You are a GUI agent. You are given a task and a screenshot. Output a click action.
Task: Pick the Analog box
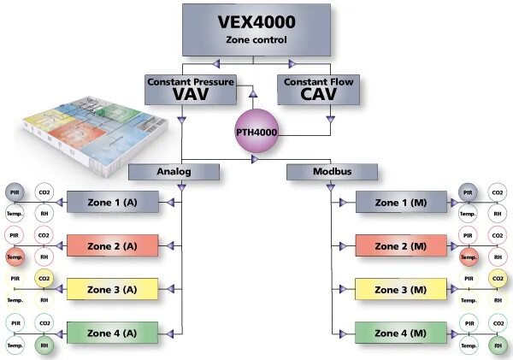(x=174, y=171)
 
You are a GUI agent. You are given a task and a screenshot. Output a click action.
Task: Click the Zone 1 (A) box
(x=112, y=203)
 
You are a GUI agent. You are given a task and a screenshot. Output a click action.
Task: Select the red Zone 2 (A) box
(x=112, y=245)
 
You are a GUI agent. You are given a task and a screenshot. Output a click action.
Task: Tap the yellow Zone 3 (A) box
(x=112, y=289)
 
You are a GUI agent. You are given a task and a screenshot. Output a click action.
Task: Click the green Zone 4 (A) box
(x=112, y=332)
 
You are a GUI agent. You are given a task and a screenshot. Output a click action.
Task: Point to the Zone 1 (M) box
(x=400, y=203)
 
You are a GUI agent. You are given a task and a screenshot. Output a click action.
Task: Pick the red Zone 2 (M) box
(x=400, y=245)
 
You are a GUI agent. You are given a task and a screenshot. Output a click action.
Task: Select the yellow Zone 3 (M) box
(x=400, y=289)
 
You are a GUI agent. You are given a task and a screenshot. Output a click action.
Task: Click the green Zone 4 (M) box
(x=400, y=332)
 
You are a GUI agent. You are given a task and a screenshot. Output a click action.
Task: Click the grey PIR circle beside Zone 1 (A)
(x=15, y=192)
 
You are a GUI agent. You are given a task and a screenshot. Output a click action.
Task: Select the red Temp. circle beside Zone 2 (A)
(x=15, y=257)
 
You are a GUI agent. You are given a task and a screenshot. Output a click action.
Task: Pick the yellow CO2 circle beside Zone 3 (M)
(x=497, y=278)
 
